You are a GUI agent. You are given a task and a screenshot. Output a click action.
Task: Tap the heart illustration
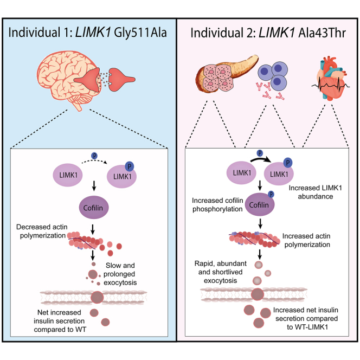tap(331, 79)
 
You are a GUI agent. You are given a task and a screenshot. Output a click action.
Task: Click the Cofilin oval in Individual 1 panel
tap(94, 207)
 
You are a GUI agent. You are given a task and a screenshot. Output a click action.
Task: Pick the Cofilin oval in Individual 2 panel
tap(260, 204)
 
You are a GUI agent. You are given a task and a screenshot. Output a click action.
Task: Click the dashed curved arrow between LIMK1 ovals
tap(94, 161)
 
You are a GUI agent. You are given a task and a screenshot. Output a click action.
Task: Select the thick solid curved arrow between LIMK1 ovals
tap(261, 159)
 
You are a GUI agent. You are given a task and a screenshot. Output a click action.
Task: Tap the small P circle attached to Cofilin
tap(271, 195)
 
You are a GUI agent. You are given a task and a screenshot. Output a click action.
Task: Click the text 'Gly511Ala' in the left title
tap(140, 33)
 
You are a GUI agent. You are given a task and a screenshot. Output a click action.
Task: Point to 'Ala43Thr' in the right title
tap(322, 33)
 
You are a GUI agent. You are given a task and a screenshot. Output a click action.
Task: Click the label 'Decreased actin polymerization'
tap(42, 231)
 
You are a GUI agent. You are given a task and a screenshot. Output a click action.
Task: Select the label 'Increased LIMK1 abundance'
tap(315, 192)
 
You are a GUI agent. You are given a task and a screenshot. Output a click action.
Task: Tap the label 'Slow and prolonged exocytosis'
tap(120, 274)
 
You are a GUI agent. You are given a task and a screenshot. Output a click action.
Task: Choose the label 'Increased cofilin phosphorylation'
tap(217, 204)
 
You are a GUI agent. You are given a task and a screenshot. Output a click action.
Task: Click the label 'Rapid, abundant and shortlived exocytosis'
tap(221, 272)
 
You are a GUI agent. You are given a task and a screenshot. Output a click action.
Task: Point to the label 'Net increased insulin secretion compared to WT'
tap(60, 321)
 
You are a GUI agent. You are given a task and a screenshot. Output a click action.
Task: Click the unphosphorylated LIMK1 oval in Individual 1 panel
tap(68, 175)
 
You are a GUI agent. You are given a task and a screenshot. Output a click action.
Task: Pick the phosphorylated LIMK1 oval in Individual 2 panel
tap(279, 173)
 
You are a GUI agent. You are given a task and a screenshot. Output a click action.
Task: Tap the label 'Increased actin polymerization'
tap(306, 240)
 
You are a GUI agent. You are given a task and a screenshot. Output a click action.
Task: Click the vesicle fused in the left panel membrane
tap(97, 297)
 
